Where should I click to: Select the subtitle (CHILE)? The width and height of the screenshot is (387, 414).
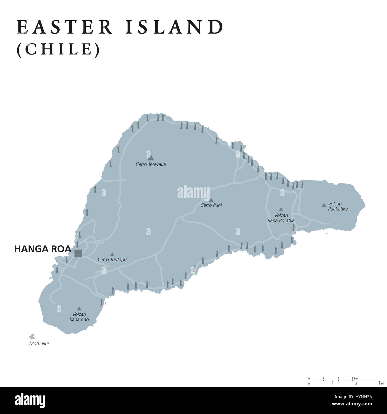pyautogui.click(x=58, y=49)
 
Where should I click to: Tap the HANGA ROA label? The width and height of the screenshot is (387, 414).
pyautogui.click(x=43, y=249)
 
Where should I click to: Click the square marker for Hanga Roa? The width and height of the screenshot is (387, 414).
pyautogui.click(x=78, y=253)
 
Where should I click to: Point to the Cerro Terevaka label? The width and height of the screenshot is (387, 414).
pyautogui.click(x=151, y=164)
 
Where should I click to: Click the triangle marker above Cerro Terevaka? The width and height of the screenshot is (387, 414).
pyautogui.click(x=151, y=157)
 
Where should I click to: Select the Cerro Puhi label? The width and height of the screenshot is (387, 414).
pyautogui.click(x=211, y=205)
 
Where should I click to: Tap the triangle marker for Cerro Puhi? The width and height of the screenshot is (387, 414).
pyautogui.click(x=211, y=200)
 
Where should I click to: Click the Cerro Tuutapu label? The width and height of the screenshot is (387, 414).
pyautogui.click(x=112, y=260)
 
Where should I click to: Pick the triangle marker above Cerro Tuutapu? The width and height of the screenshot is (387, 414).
pyautogui.click(x=112, y=255)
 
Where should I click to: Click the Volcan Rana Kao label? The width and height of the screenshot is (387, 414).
pyautogui.click(x=79, y=317)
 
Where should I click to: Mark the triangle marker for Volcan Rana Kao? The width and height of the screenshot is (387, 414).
pyautogui.click(x=79, y=309)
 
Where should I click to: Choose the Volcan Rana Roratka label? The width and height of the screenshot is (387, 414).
pyautogui.click(x=281, y=218)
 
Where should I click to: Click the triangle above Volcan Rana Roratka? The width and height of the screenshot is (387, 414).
pyautogui.click(x=280, y=209)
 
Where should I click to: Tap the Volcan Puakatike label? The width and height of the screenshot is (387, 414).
pyautogui.click(x=338, y=206)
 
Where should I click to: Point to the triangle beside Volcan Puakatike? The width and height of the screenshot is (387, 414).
pyautogui.click(x=324, y=205)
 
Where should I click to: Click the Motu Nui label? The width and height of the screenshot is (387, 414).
pyautogui.click(x=39, y=343)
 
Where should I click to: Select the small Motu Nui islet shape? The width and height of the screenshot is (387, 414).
pyautogui.click(x=32, y=337)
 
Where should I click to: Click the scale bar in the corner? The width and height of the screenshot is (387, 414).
pyautogui.click(x=344, y=381)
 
